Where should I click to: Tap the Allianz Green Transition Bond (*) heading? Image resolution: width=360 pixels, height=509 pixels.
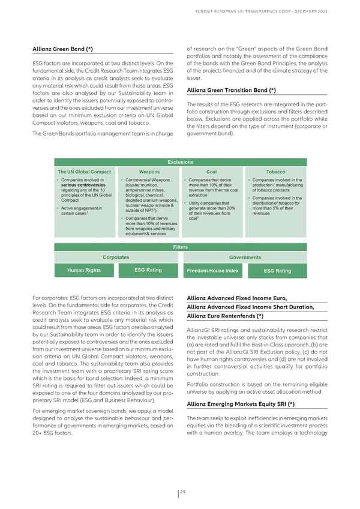(231, 90)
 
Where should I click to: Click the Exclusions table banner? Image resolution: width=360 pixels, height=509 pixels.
(181, 162)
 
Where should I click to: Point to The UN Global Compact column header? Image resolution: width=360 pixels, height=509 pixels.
(84, 172)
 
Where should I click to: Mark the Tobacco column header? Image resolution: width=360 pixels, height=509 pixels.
(275, 172)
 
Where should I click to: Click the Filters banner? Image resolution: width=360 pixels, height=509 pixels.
(181, 247)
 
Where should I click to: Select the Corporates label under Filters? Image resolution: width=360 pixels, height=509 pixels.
(116, 257)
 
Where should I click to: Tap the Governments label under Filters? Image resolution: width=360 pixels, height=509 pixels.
(244, 257)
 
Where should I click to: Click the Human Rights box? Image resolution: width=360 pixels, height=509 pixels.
(84, 271)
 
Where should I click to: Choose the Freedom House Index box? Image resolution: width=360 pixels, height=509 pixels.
(212, 271)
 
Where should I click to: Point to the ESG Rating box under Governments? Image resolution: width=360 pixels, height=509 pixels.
(277, 271)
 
